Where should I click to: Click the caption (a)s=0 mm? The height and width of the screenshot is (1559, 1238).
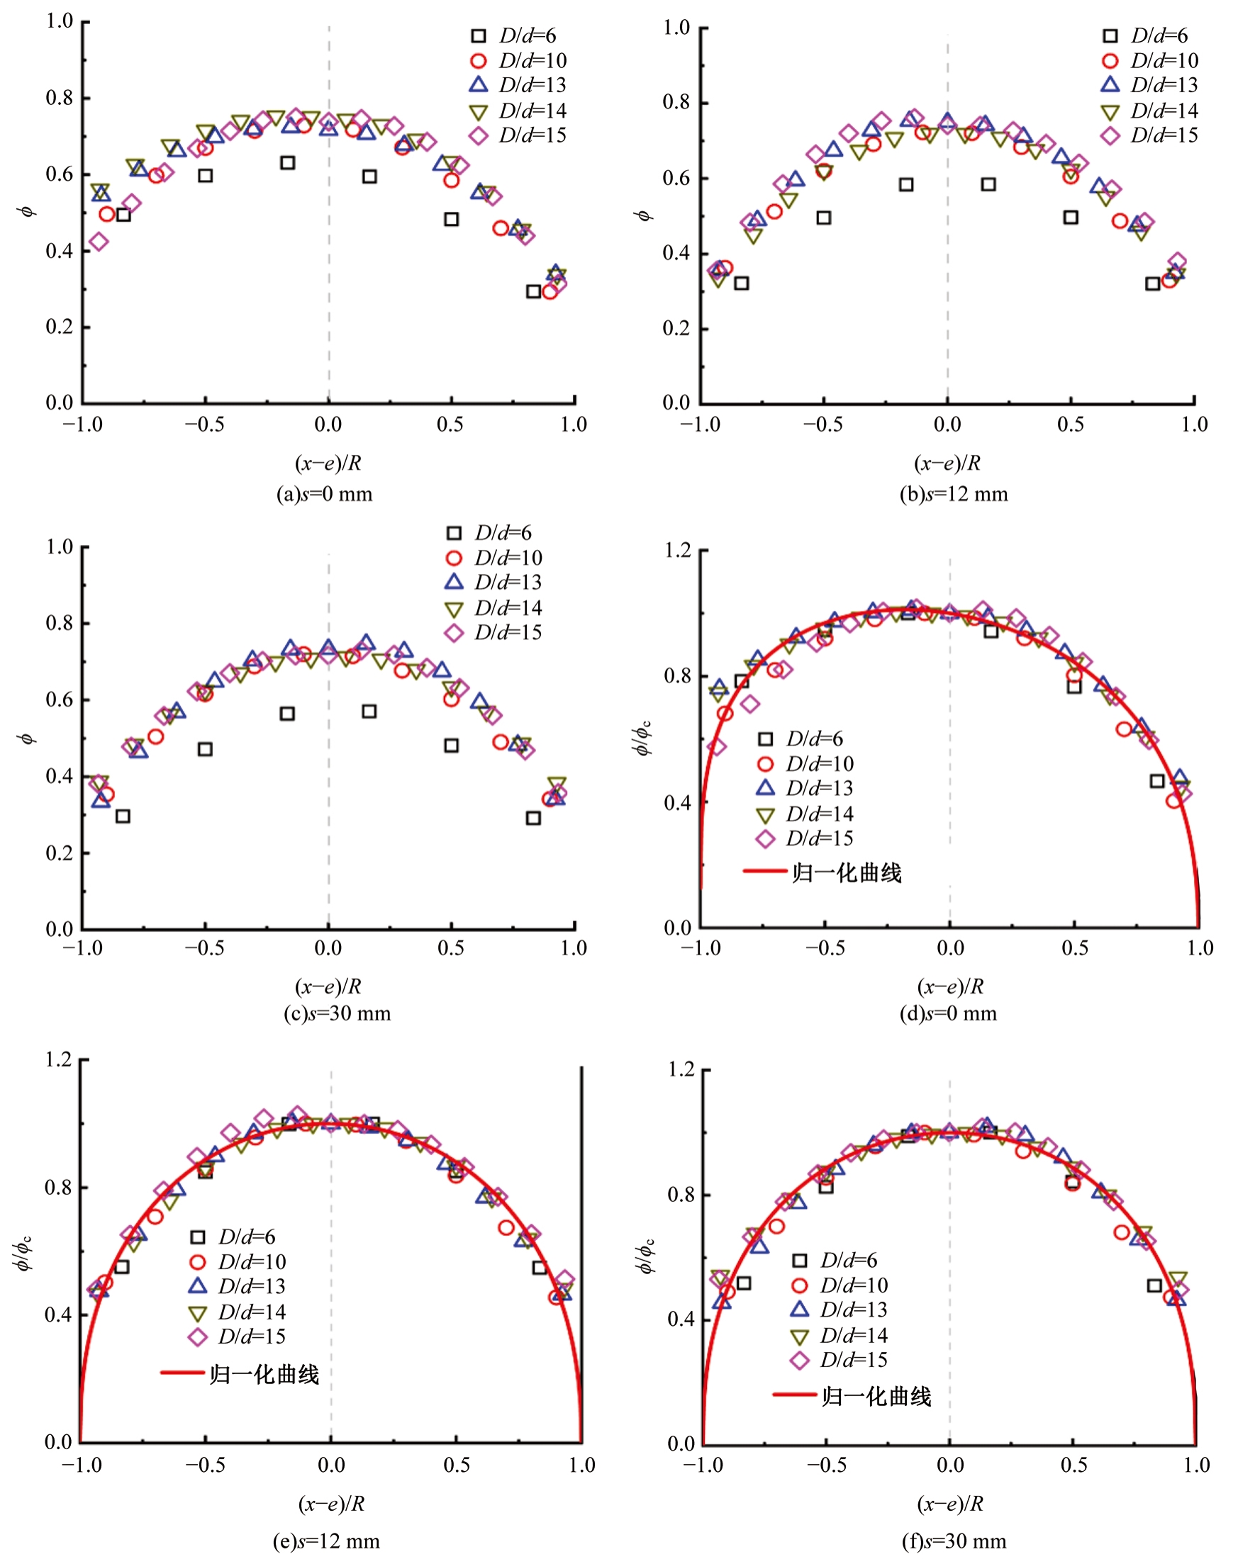coord(324,494)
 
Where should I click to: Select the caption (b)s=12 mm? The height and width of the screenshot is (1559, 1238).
coord(954,494)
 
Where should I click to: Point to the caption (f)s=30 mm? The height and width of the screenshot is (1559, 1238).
coord(954,1541)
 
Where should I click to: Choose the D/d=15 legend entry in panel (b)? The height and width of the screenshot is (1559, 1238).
coord(1151,135)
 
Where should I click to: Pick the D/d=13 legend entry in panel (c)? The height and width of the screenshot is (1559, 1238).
coord(495,582)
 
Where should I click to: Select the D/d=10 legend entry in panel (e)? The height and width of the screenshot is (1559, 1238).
coord(240,1262)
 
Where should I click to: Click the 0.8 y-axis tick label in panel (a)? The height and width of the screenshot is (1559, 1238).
coord(60,98)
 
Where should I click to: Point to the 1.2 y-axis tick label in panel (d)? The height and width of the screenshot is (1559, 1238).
coord(678,551)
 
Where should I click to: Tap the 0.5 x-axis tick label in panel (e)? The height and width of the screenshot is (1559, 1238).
coord(457,1465)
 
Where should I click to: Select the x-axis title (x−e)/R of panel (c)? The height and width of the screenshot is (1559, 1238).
coord(328,986)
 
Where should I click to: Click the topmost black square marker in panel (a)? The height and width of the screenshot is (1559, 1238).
coord(287,163)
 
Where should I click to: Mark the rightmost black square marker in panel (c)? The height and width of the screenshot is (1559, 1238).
coord(533,818)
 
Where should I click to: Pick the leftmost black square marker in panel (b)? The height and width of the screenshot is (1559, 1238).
coord(741,283)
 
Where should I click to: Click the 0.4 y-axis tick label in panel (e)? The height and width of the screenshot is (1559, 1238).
coord(60,1314)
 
